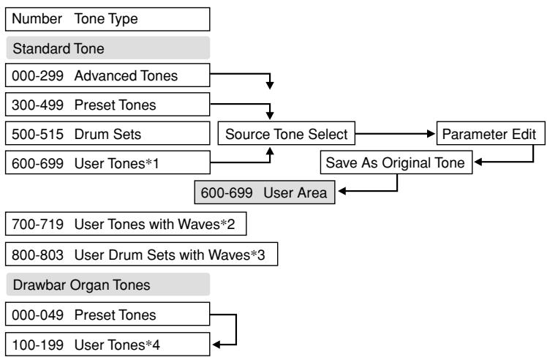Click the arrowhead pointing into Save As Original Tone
(478, 163)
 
